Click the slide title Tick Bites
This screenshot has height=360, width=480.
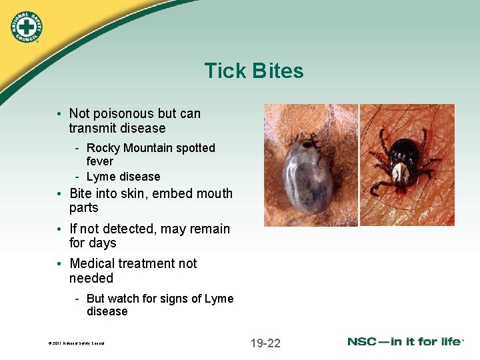253,71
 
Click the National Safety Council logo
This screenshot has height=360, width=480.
26,27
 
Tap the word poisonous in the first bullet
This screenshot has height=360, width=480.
126,113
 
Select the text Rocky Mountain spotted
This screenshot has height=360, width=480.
151,148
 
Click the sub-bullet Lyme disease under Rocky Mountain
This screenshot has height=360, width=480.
123,177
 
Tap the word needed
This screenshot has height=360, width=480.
91,278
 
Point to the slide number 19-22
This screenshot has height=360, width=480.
265,343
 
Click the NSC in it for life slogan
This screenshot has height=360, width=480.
405,342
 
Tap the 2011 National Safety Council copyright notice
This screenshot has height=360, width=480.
77,344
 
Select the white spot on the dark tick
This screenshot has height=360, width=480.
400,174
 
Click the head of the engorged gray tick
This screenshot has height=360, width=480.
309,143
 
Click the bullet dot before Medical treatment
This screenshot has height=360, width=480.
61,264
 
